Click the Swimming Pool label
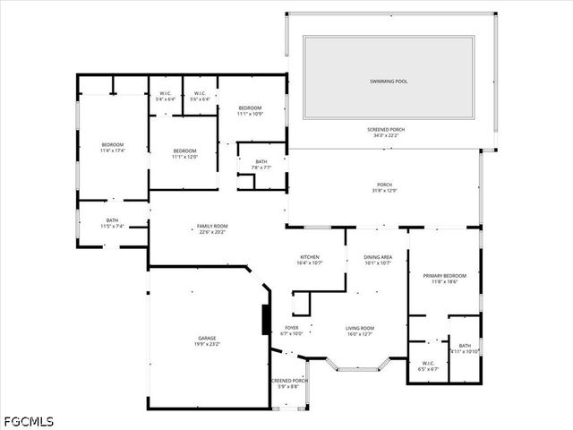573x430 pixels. (x=389, y=82)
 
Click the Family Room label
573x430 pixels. (x=213, y=228)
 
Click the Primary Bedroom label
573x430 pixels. (x=444, y=279)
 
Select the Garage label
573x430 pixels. (x=207, y=341)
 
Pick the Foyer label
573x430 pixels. (x=292, y=331)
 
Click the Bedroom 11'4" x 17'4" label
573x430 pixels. (x=112, y=148)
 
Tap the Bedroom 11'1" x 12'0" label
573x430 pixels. (x=184, y=153)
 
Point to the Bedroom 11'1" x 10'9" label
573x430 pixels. (x=250, y=111)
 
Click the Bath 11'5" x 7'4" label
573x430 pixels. (x=112, y=223)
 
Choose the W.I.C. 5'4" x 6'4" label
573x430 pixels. (x=166, y=96)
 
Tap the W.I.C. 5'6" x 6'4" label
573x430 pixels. (x=200, y=96)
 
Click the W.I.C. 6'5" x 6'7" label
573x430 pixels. (x=428, y=365)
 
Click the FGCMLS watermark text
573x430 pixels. (x=28, y=421)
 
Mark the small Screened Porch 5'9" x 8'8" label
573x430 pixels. (x=289, y=383)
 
